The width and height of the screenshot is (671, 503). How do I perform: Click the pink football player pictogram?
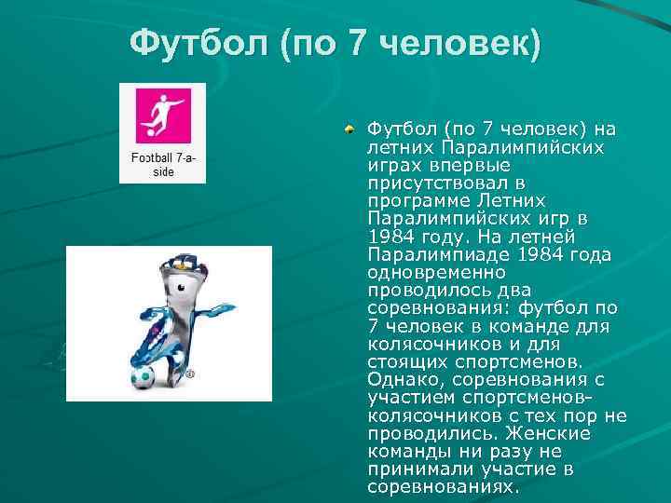pos(163,116)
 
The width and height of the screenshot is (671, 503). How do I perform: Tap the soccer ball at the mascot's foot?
pos(142,376)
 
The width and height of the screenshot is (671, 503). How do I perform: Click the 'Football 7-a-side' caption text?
pos(163,166)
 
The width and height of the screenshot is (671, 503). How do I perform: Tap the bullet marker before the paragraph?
pos(348,129)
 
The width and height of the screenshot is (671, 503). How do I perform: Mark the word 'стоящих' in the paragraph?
pos(403,361)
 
